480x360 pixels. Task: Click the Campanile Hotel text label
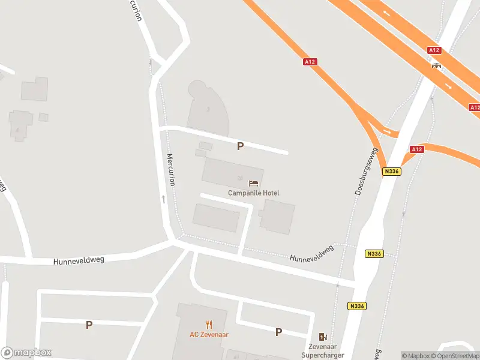tap(253, 193)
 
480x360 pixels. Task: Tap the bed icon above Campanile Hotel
tap(253, 182)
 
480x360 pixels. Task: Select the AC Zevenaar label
tap(209, 335)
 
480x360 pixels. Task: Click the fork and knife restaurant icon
tap(209, 325)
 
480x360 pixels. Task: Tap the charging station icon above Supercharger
tap(323, 337)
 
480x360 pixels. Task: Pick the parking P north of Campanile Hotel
tap(240, 146)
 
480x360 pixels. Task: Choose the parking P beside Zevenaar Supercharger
tap(278, 332)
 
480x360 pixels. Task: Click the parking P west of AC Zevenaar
tap(89, 325)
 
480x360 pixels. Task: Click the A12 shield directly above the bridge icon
tap(435, 51)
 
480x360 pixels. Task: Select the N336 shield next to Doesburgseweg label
tap(391, 172)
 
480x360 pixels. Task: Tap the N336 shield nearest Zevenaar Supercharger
tap(356, 306)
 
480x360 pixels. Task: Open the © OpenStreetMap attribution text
tap(454, 356)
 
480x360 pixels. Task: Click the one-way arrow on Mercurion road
tap(163, 198)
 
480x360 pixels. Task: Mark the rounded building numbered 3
tap(209, 109)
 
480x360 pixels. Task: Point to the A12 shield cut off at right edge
tap(474, 107)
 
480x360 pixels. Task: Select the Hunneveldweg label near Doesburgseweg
tap(311, 254)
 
